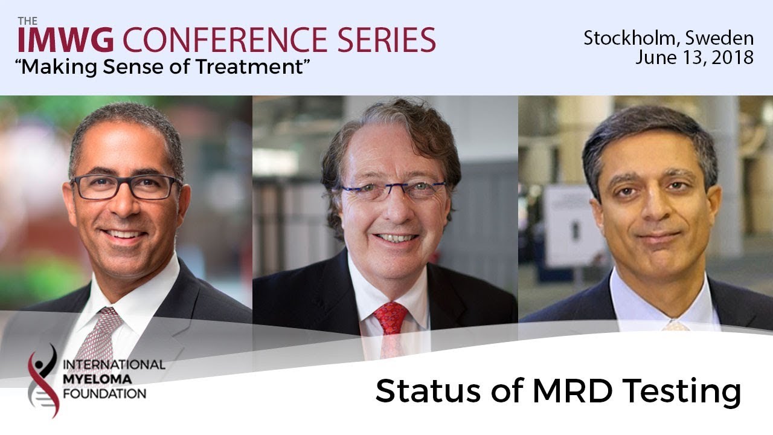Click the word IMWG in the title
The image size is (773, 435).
(x=66, y=40)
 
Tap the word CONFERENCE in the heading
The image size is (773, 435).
(x=225, y=40)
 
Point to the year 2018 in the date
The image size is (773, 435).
(x=733, y=57)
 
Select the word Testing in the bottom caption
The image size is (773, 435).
(x=682, y=393)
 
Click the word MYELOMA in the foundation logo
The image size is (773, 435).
(x=97, y=379)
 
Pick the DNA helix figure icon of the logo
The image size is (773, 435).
(x=43, y=381)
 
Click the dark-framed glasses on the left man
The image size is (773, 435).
(x=126, y=187)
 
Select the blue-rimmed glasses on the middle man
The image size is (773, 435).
(x=393, y=190)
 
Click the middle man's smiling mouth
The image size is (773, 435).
(x=396, y=238)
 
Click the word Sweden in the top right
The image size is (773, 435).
(x=719, y=39)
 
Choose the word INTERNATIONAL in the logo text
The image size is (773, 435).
(x=114, y=364)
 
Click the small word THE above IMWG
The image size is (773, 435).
(x=28, y=21)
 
